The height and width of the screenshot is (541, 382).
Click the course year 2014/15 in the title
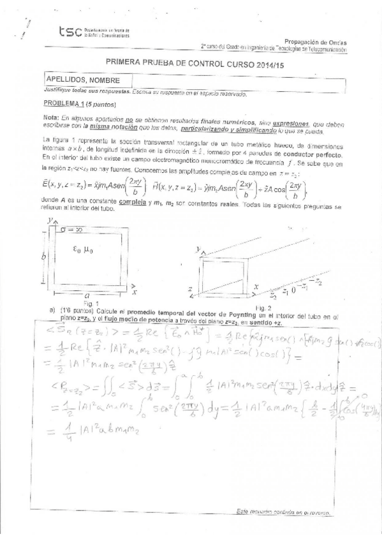point(263,64)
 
